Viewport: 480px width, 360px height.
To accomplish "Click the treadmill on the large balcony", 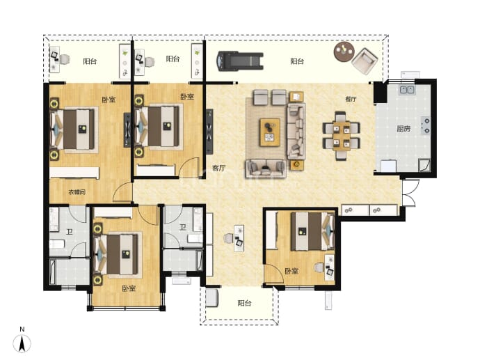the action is (x=240, y=61).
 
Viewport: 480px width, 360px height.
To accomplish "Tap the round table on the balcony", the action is (x=344, y=51).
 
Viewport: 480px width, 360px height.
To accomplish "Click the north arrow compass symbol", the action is (x=22, y=343).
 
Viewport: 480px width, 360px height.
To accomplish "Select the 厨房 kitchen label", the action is (x=403, y=129).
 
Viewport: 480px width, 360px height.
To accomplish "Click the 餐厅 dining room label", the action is (x=351, y=99).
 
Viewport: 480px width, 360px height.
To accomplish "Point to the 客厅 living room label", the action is (x=219, y=168).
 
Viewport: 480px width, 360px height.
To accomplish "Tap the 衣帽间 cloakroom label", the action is (x=77, y=192).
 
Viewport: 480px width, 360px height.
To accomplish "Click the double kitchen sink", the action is (x=408, y=90).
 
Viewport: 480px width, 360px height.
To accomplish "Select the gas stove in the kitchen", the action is (x=426, y=125).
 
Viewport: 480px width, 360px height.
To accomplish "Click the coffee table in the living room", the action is (x=270, y=132).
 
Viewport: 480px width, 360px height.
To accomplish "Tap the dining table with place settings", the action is (x=342, y=136).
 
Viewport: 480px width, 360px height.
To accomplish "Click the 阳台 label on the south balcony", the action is (x=244, y=304).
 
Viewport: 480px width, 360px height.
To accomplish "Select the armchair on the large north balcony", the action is (x=365, y=61).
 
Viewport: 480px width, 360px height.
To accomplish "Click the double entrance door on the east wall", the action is (x=409, y=192).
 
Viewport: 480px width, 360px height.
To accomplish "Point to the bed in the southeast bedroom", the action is (x=312, y=231).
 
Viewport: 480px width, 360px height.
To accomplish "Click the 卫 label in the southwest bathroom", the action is (x=70, y=232).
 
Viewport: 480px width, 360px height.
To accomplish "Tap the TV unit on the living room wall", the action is (x=209, y=132).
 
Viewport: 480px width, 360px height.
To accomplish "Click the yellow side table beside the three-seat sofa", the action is (x=296, y=165).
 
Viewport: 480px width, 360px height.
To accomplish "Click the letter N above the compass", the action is (x=22, y=329).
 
